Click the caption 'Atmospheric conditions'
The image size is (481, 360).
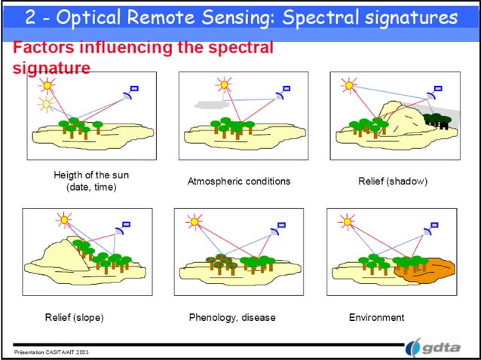click(238, 182)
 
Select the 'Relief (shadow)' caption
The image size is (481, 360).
click(392, 182)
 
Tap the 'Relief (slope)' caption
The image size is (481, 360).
click(74, 317)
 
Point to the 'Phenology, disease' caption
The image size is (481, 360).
click(232, 317)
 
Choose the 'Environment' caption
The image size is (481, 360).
click(376, 317)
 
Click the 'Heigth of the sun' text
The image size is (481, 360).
click(91, 175)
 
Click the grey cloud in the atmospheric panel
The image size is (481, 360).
click(207, 102)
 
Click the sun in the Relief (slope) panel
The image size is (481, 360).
click(64, 220)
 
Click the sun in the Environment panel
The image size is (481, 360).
click(347, 221)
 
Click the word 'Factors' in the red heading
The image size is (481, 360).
click(44, 49)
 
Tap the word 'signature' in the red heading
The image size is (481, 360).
click(52, 68)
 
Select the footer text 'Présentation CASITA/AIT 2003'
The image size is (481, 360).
click(51, 352)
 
